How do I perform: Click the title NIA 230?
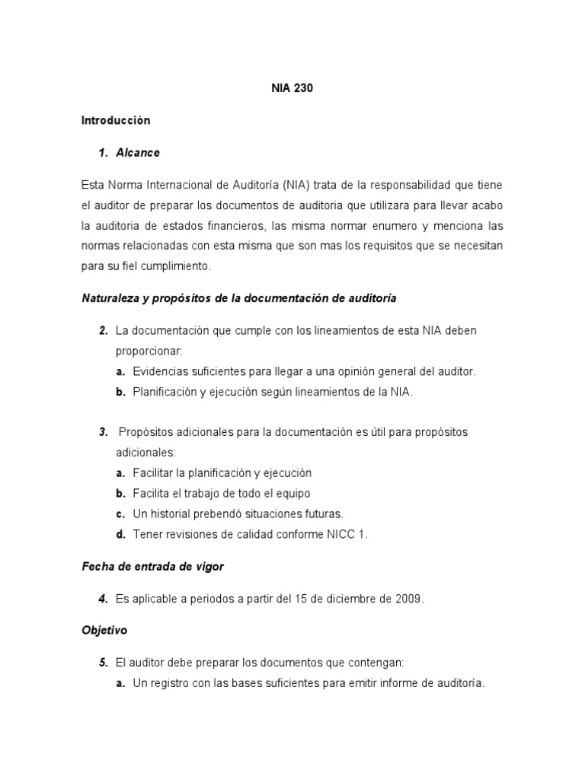292,88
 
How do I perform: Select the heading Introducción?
116,120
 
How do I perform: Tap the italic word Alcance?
138,152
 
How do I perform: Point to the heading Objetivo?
104,631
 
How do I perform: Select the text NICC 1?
347,534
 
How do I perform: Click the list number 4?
102,599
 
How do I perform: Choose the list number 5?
102,663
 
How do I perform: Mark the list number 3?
102,431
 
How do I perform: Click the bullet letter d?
120,534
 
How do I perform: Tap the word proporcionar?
148,351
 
